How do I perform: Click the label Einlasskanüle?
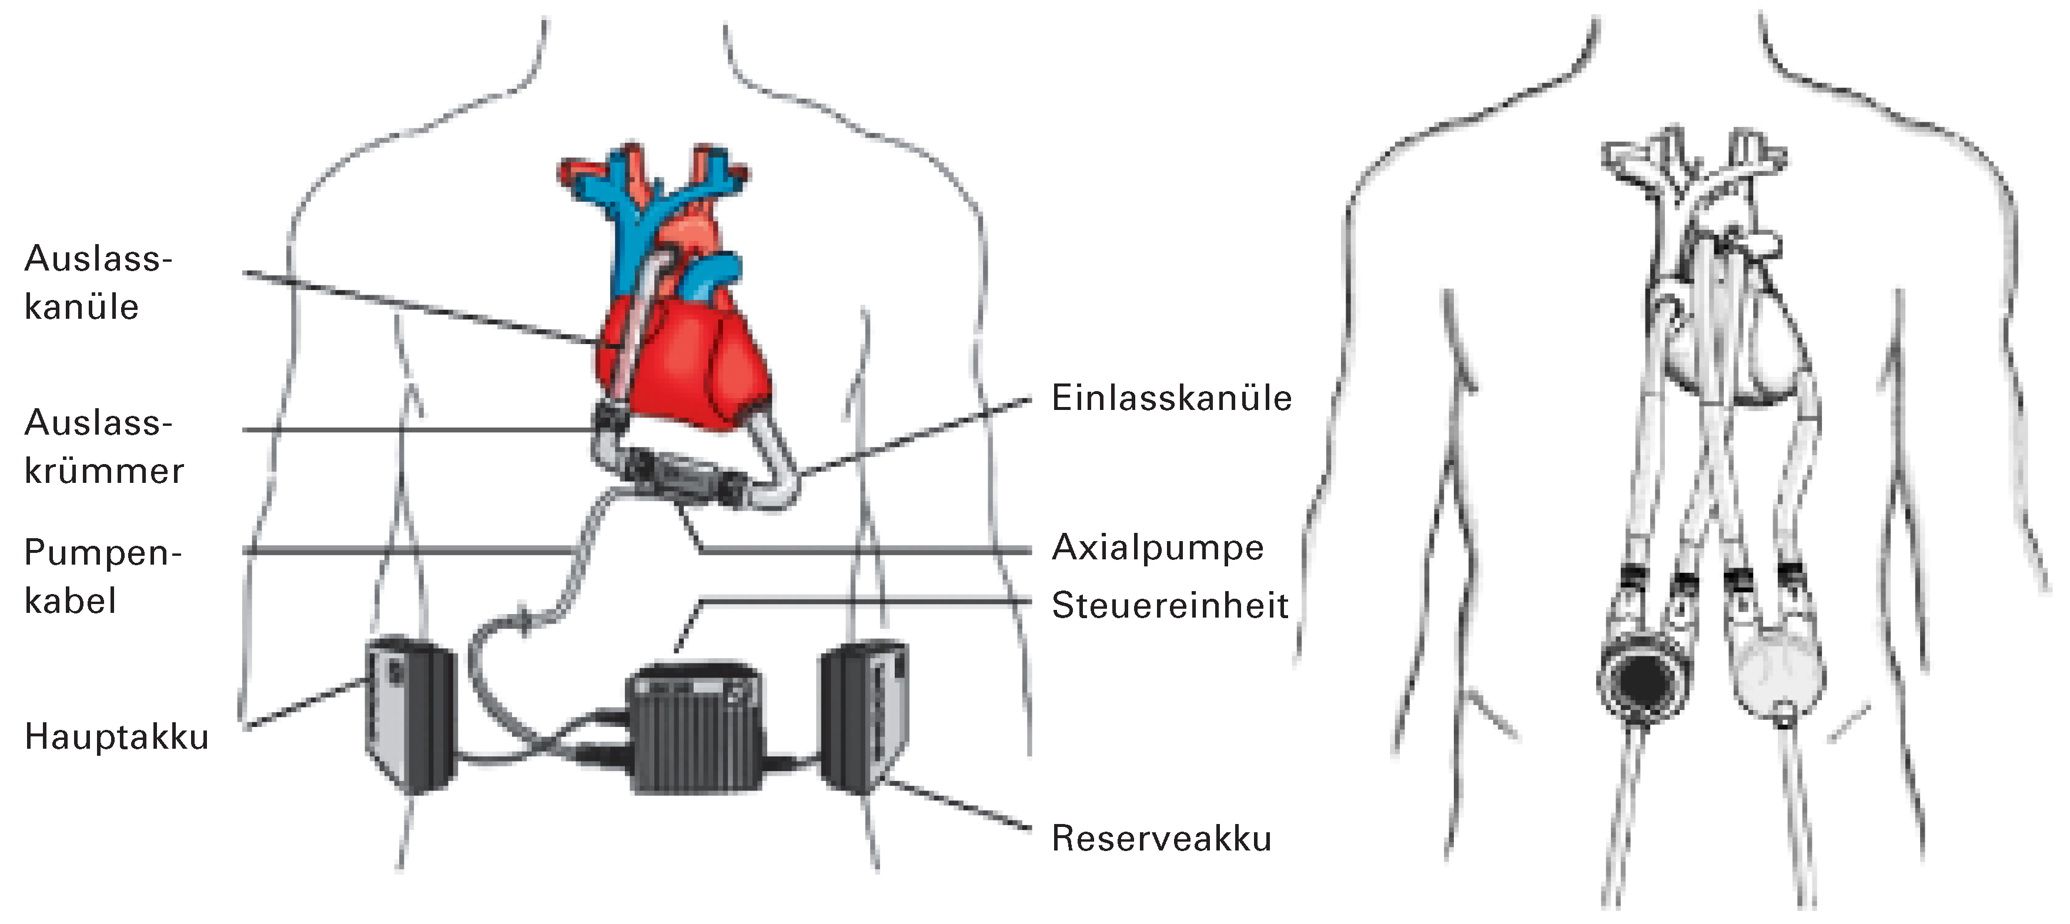1171,399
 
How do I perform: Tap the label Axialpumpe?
1157,548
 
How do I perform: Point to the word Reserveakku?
1161,839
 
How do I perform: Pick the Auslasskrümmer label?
103,446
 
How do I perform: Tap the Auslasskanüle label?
98,282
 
